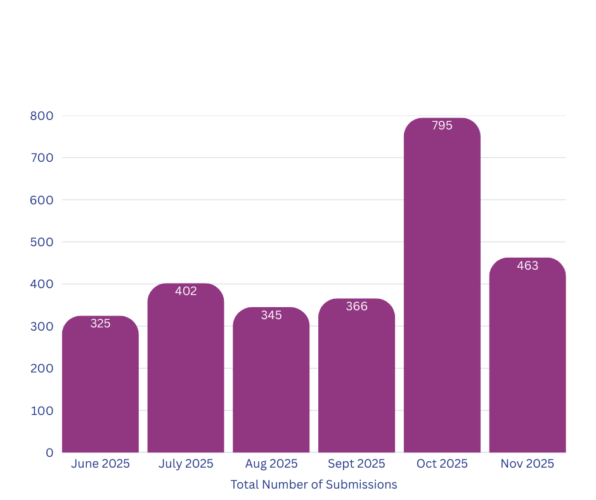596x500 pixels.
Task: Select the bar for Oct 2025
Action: tap(442, 286)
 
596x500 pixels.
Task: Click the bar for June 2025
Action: tap(100, 384)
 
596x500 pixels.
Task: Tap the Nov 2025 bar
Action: tap(528, 355)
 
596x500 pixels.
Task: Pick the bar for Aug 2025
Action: tap(271, 381)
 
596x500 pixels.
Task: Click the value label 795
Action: tap(442, 126)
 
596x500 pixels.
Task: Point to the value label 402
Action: tap(186, 291)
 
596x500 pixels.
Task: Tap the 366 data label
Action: tap(356, 306)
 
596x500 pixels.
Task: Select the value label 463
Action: tap(528, 266)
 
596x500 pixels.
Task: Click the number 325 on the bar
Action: tap(100, 324)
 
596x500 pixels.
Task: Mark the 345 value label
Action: tap(271, 315)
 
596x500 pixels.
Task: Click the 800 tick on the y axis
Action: tap(41, 116)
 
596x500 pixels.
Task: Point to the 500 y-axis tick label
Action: tap(41, 242)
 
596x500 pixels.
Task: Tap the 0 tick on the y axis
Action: tap(49, 452)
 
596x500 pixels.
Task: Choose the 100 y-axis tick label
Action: tap(41, 411)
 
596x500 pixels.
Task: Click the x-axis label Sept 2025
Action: tap(356, 464)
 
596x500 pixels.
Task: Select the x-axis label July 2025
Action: tap(186, 464)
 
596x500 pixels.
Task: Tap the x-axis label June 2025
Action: tap(100, 464)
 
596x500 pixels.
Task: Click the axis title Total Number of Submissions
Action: tap(314, 485)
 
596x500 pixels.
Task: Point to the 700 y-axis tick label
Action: tap(41, 158)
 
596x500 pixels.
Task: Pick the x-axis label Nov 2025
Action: tap(528, 464)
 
